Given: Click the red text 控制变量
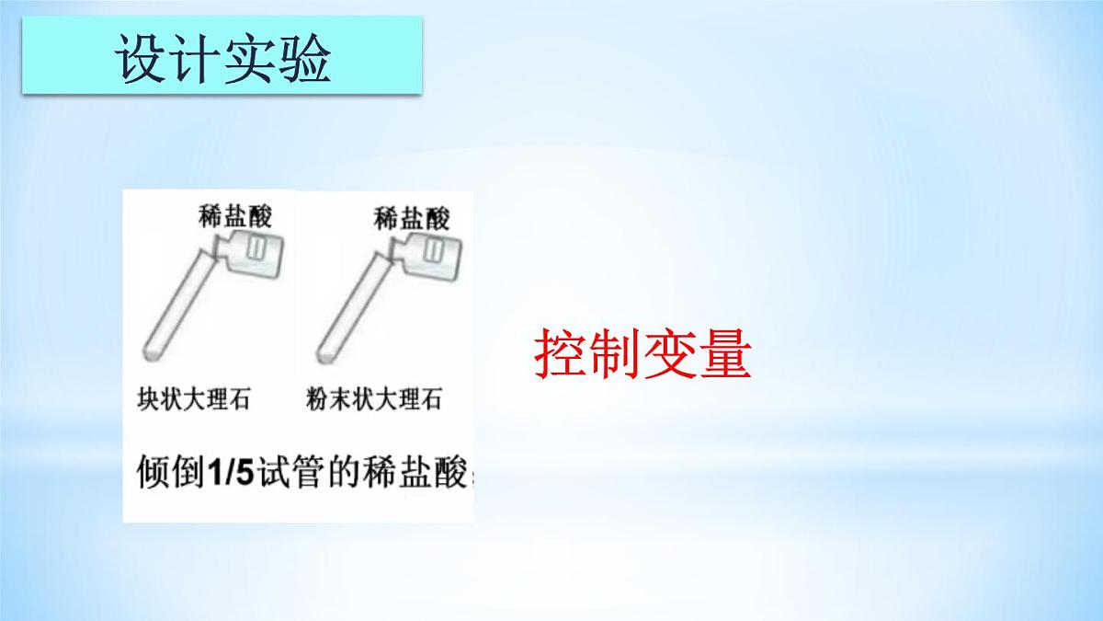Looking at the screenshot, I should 642,356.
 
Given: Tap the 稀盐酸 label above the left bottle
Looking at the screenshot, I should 235,216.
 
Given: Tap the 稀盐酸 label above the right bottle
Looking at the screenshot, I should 412,218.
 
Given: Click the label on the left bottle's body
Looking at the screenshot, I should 258,248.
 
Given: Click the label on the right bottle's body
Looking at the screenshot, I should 434,248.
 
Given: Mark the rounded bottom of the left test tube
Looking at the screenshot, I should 153,351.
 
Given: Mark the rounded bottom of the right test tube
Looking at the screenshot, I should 327,351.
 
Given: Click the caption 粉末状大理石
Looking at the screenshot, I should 373,400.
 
